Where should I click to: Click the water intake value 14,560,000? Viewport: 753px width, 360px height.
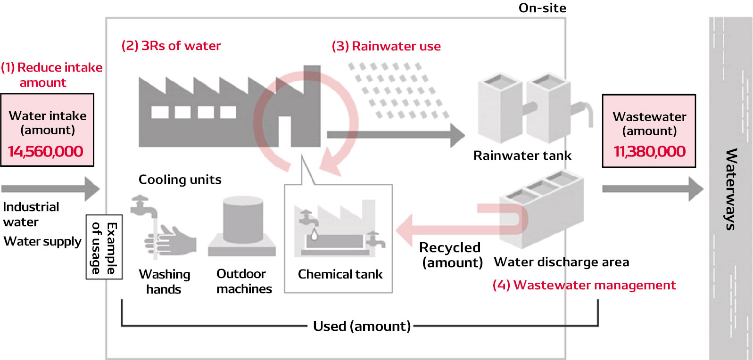tap(46, 152)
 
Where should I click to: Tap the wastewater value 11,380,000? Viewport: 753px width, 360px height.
tap(649, 152)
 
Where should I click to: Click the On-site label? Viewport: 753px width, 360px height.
tap(542, 8)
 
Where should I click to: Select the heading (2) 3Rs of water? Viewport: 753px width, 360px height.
tap(171, 46)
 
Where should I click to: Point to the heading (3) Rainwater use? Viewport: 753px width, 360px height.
tap(386, 46)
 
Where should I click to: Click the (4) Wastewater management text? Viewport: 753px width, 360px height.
tap(584, 285)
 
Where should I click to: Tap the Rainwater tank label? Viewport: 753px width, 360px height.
tap(522, 155)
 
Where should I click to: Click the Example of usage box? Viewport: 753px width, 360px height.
tap(104, 247)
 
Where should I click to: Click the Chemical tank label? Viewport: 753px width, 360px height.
tap(340, 274)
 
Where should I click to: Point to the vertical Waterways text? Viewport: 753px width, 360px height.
tap(730, 189)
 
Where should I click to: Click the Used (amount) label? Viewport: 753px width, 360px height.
tap(362, 326)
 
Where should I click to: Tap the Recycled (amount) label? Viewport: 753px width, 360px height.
tap(451, 255)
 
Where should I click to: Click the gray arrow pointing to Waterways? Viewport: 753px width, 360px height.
tap(652, 189)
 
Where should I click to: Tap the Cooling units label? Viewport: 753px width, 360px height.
tap(180, 180)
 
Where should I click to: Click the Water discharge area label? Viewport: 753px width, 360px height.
tap(561, 262)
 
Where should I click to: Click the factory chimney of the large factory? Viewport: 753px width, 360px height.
tap(312, 94)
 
